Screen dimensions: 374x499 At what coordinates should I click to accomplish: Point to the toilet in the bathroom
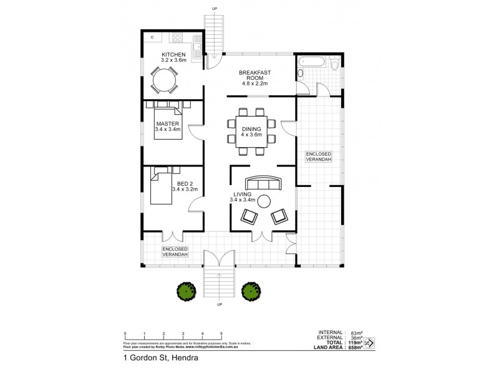pyautogui.click(x=336, y=64)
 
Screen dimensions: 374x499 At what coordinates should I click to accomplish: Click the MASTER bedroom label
pyautogui.click(x=167, y=124)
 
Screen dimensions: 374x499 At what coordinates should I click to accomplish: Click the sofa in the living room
pyautogui.click(x=263, y=184)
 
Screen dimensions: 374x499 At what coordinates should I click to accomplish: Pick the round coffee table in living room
pyautogui.click(x=264, y=201)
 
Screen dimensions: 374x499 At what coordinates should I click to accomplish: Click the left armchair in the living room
pyautogui.click(x=249, y=216)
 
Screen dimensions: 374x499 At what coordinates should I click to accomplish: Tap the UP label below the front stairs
pyautogui.click(x=219, y=305)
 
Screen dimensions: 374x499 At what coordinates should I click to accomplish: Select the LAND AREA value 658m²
pyautogui.click(x=354, y=347)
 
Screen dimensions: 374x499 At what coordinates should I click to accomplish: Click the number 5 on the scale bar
pyautogui.click(x=221, y=334)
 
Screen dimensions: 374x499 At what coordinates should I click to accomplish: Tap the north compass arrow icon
pyautogui.click(x=369, y=342)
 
